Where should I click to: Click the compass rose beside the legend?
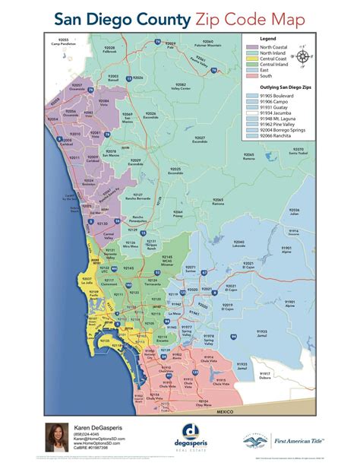pos(303,56)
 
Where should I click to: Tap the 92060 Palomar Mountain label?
pos(209,43)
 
